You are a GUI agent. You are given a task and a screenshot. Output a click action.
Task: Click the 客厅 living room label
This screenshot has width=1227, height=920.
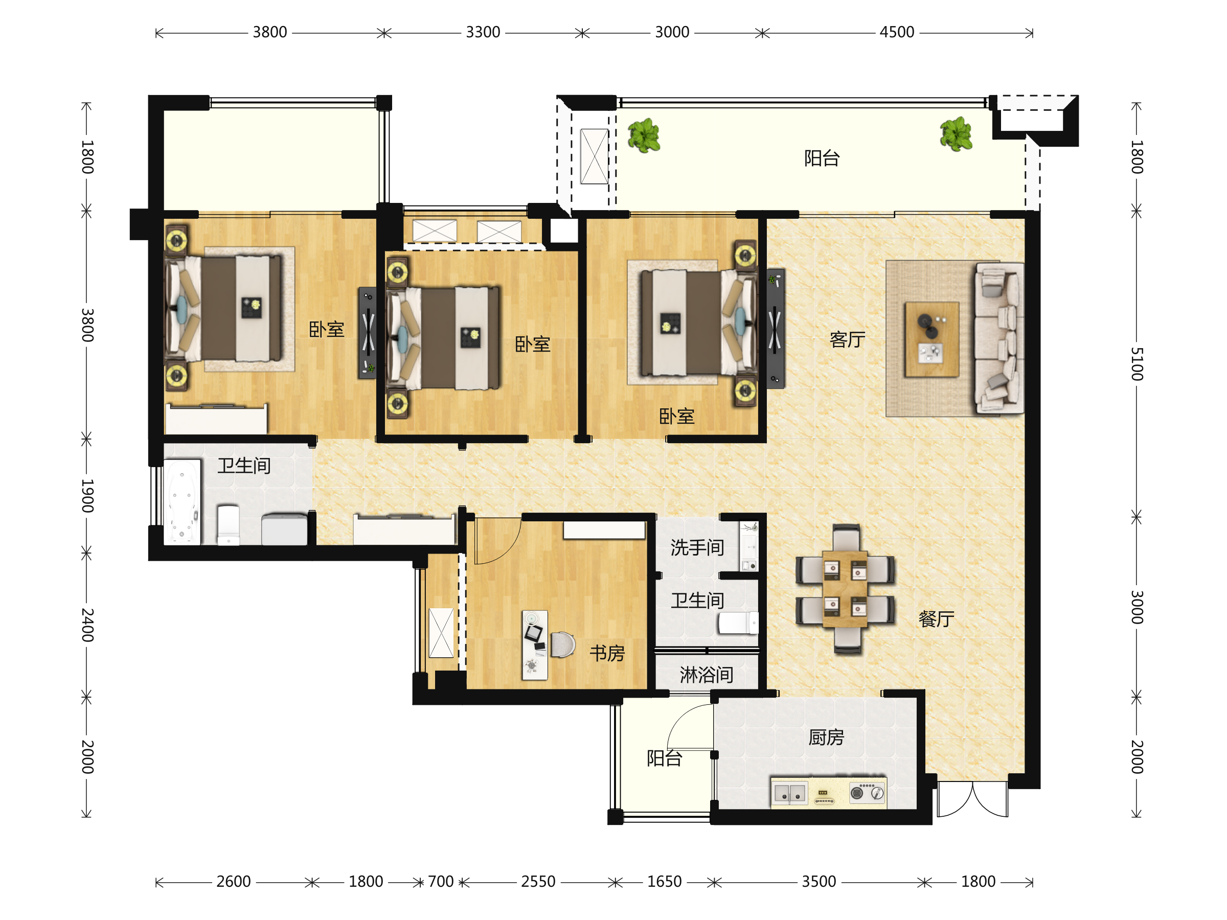[847, 339]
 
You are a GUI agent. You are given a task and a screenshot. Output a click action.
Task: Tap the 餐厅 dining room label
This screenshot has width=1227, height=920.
[936, 619]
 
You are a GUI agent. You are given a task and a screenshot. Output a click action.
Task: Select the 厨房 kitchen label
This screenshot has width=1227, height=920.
[826, 738]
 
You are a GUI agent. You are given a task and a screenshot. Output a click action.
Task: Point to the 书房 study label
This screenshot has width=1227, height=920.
[607, 653]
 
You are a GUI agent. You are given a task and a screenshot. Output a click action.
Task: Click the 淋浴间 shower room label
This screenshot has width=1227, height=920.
[706, 675]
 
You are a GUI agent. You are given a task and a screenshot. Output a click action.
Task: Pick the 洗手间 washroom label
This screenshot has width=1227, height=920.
[697, 548]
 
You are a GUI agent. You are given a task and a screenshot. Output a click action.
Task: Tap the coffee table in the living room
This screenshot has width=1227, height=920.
[932, 339]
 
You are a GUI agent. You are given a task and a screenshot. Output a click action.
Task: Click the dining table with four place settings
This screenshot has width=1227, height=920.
[845, 589]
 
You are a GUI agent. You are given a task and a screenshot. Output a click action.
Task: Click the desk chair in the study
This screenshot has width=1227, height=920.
[562, 645]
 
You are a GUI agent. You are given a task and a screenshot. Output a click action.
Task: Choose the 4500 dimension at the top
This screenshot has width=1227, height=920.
[896, 32]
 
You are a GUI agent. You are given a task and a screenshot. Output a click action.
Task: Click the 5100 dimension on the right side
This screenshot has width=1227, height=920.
[1137, 364]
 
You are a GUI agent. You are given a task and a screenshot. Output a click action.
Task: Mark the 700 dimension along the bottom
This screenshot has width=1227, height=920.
[441, 881]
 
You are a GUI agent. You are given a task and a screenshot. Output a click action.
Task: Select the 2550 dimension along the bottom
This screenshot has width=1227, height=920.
[538, 881]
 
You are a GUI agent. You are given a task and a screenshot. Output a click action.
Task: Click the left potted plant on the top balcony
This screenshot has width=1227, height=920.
[644, 135]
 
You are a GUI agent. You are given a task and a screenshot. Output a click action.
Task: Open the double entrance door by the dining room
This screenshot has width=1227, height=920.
[972, 799]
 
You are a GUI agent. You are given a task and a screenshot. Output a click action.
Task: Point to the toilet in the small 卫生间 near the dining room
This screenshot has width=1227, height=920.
[738, 623]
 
